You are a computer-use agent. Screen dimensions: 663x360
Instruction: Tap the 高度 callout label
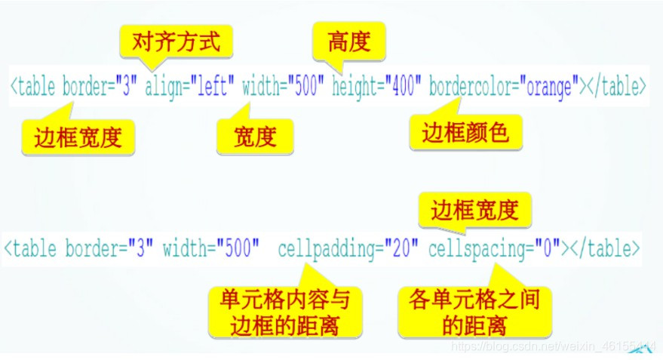[x=349, y=41]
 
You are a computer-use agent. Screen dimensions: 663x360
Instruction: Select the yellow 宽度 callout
[x=255, y=136]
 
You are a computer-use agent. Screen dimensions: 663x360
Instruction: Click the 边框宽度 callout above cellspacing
[x=475, y=211]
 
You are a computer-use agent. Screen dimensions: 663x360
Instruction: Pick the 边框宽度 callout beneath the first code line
[x=78, y=137]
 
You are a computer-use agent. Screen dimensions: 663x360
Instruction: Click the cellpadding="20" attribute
[x=348, y=248]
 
